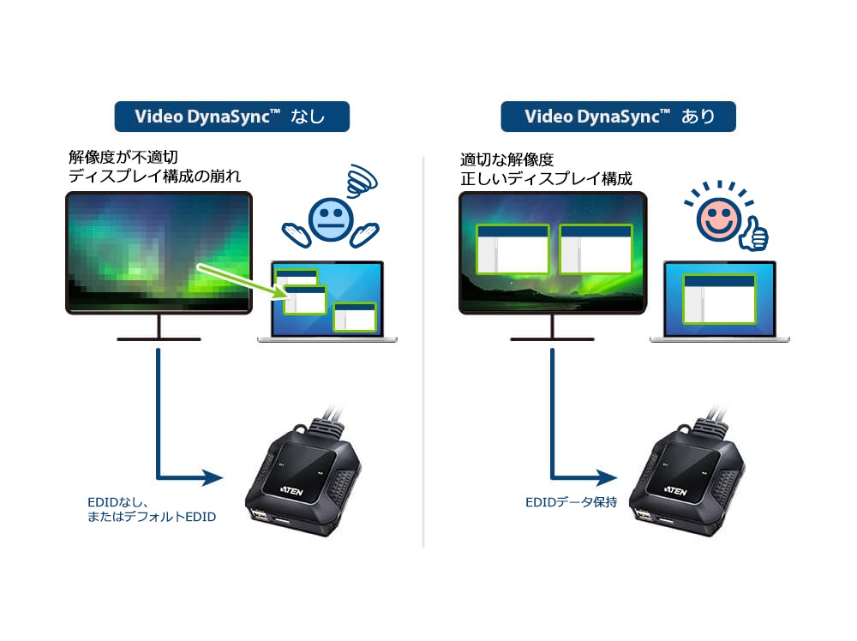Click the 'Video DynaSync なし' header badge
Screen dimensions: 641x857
[231, 117]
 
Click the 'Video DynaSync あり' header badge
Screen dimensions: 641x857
[619, 117]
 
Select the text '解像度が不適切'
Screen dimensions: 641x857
[125, 158]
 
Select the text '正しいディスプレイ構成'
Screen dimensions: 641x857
[546, 179]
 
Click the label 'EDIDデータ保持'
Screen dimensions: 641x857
[571, 503]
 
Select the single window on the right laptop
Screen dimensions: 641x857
[719, 298]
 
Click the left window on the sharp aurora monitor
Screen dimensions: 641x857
[512, 249]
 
